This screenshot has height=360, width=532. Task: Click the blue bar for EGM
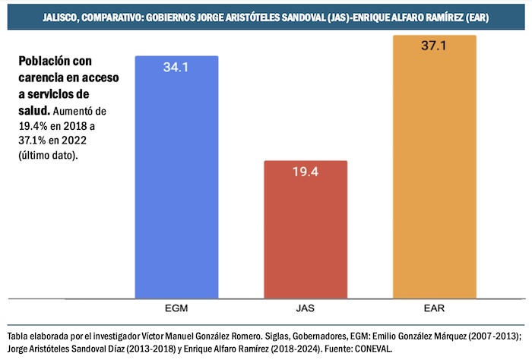pos(176,182)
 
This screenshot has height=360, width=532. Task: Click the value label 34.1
pos(176,67)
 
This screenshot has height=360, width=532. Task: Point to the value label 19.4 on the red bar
pos(306,172)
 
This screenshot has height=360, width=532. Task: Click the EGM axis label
pos(176,310)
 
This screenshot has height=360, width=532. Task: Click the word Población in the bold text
pos(43,62)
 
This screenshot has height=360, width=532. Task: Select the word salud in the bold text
pos(33,111)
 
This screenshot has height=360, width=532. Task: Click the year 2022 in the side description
pos(71,141)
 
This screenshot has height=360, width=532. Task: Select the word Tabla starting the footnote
pos(18,336)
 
